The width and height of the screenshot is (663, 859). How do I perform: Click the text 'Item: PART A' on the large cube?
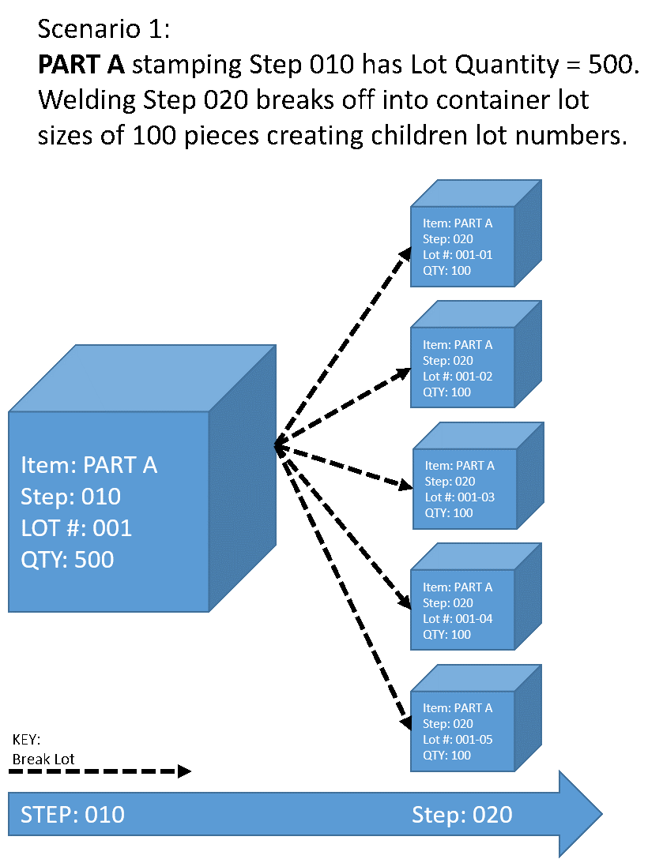89,465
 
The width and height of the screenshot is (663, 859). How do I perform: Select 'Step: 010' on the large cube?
70,497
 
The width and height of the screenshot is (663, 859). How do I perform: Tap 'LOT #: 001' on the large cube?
76,528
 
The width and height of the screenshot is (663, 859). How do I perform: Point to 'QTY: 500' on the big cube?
67,560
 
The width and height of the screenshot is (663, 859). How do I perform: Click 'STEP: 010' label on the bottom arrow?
73,815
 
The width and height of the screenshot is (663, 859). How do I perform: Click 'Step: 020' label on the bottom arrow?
461,815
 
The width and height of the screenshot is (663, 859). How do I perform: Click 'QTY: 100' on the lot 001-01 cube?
446,271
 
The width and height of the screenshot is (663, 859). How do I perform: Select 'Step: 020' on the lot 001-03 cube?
450,482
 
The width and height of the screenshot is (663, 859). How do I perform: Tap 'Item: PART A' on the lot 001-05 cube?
458,708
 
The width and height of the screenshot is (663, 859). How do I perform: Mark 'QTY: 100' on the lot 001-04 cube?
446,635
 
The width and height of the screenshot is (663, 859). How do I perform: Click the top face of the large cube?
142,378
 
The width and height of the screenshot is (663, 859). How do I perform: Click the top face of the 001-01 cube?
476,193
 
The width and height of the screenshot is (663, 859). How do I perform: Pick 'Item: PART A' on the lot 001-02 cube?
458,345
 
